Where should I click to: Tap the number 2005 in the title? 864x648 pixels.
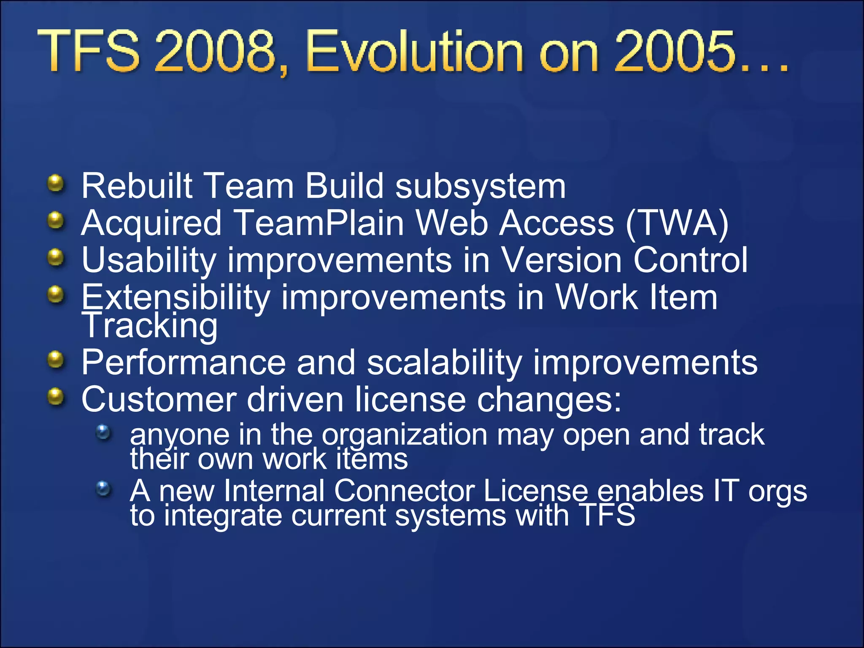(674, 51)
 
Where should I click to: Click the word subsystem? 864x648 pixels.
(481, 186)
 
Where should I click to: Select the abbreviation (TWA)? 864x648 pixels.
(678, 223)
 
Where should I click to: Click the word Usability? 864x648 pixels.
(149, 260)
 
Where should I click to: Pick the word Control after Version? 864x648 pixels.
(690, 260)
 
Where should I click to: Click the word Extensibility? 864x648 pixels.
(175, 297)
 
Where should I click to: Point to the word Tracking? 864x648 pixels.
(150, 325)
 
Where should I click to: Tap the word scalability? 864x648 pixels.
(444, 363)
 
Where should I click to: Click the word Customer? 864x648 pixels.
(159, 399)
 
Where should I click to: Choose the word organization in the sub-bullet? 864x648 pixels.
(405, 435)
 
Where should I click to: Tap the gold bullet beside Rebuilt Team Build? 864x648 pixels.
(55, 184)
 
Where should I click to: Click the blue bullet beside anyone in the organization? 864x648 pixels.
(103, 432)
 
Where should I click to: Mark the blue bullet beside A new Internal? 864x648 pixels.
(103, 489)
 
